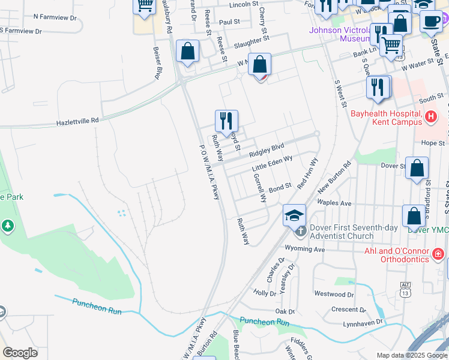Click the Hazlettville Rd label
[77, 121]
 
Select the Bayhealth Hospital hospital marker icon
[430, 115]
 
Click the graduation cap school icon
[295, 215]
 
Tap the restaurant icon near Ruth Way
[227, 120]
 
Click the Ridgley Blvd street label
[267, 150]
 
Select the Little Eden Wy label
[272, 163]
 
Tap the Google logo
[20, 353]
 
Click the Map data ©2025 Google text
[412, 355]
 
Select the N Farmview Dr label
[56, 18]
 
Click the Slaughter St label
[252, 42]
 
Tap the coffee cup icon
[430, 22]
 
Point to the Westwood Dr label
[334, 295]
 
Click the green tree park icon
[7, 226]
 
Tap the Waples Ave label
[338, 203]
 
